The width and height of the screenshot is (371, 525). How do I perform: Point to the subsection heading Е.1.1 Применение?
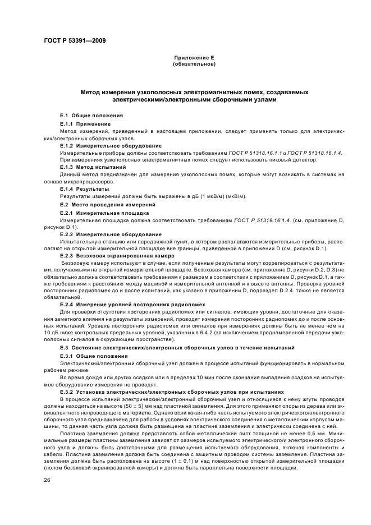(85, 123)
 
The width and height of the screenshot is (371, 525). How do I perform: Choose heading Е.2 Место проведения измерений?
(101, 204)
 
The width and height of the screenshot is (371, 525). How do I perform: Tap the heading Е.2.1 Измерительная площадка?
(97, 213)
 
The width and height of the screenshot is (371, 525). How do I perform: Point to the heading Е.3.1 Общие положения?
(89, 356)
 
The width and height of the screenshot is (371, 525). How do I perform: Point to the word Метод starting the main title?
(91, 92)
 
